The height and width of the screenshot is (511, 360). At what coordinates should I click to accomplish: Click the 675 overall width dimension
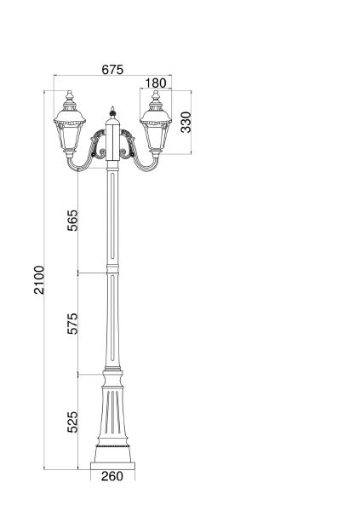click(112, 70)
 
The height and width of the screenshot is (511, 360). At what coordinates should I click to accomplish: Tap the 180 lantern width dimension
click(156, 83)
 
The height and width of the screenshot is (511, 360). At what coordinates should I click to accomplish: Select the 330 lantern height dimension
click(186, 122)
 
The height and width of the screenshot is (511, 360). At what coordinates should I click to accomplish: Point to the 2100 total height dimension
click(39, 280)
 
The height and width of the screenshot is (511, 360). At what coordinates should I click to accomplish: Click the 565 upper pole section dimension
click(72, 221)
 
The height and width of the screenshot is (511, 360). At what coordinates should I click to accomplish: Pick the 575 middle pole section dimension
click(72, 324)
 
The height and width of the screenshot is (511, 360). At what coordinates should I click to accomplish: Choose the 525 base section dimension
click(72, 422)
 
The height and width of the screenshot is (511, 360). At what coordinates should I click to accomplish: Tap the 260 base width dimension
click(112, 476)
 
